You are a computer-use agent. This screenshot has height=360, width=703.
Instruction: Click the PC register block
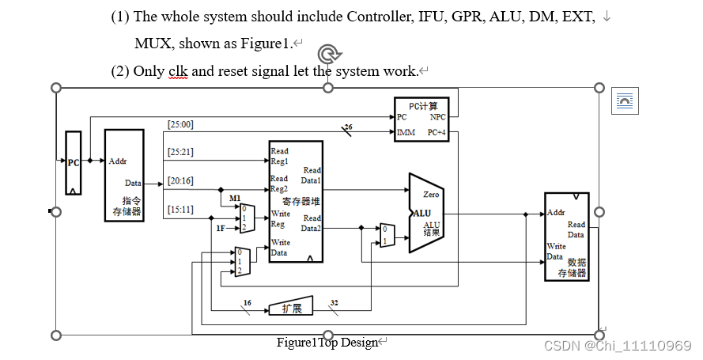coord(73,163)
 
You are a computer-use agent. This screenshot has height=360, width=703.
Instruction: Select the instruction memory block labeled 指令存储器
coord(124,176)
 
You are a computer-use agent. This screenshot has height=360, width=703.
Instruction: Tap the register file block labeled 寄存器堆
coord(295,201)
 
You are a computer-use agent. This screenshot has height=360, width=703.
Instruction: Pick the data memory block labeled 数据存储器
coord(566,237)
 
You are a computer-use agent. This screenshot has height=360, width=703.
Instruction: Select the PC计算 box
coord(421,119)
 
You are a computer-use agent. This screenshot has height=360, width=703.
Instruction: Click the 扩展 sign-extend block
coord(291,308)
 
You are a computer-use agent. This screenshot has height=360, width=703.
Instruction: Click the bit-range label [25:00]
coord(180,124)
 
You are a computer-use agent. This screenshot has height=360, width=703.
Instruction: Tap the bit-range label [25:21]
coord(180,152)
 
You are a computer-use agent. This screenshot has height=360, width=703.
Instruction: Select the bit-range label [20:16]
coord(180,180)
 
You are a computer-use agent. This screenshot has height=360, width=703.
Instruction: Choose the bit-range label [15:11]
coord(180,209)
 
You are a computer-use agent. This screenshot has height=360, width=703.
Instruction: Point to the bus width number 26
coord(348,127)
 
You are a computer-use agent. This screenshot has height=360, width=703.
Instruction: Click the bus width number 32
coord(334,302)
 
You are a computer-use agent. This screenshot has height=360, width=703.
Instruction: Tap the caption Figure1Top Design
coord(327,343)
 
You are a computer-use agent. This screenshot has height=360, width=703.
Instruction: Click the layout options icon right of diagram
coord(625,101)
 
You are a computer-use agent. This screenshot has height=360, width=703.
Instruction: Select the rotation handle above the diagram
coord(329,54)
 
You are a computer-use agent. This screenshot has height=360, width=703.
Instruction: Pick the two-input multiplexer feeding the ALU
coord(387,235)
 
